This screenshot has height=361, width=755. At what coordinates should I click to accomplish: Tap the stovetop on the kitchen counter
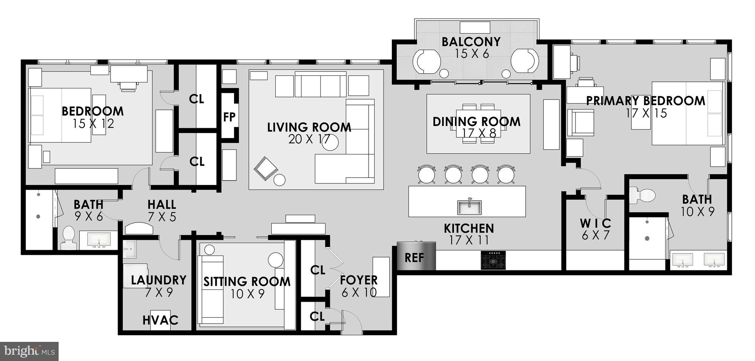pos(493,260)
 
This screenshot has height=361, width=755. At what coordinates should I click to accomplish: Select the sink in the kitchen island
pos(469,207)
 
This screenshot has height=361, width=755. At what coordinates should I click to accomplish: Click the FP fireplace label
pos(229,117)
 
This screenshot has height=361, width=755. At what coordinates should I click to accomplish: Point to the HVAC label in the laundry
pos(160,320)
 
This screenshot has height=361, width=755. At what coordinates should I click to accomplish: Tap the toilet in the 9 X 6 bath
pos(68,237)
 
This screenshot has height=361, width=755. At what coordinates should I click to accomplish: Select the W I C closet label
pos(595,223)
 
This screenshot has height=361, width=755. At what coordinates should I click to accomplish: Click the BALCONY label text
pos(471,42)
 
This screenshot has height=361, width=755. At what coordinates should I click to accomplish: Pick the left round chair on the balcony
pos(427,61)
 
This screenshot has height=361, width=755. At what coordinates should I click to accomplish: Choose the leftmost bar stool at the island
pos(427,174)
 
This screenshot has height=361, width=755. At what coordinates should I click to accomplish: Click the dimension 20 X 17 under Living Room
pos(309,139)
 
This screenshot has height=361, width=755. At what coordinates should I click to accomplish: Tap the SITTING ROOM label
pos(247,282)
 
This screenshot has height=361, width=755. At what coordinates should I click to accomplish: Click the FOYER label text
pos(359,280)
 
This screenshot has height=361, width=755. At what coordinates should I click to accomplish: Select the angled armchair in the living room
pos(265,169)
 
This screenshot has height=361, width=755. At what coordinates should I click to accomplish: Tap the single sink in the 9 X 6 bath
pos(98,240)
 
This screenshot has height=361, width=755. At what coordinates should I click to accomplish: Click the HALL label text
pos(161,204)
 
